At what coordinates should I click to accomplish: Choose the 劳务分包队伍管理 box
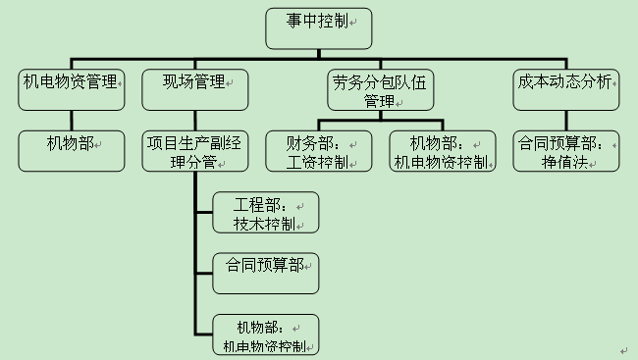point(380,90)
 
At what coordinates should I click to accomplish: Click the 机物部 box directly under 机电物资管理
point(71,150)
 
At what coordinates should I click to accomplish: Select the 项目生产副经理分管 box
point(193,151)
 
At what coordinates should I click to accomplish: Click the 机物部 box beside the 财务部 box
point(440,151)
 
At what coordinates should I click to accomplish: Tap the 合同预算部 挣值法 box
point(567,151)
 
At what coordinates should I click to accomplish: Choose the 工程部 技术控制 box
point(266,213)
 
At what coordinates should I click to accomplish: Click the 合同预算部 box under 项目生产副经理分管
point(266,273)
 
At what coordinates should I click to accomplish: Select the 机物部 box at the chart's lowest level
point(266,334)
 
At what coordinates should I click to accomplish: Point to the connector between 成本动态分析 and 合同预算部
point(568,120)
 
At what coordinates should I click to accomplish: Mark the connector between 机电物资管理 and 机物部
point(71,120)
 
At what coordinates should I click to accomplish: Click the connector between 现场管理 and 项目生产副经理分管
point(193,120)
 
